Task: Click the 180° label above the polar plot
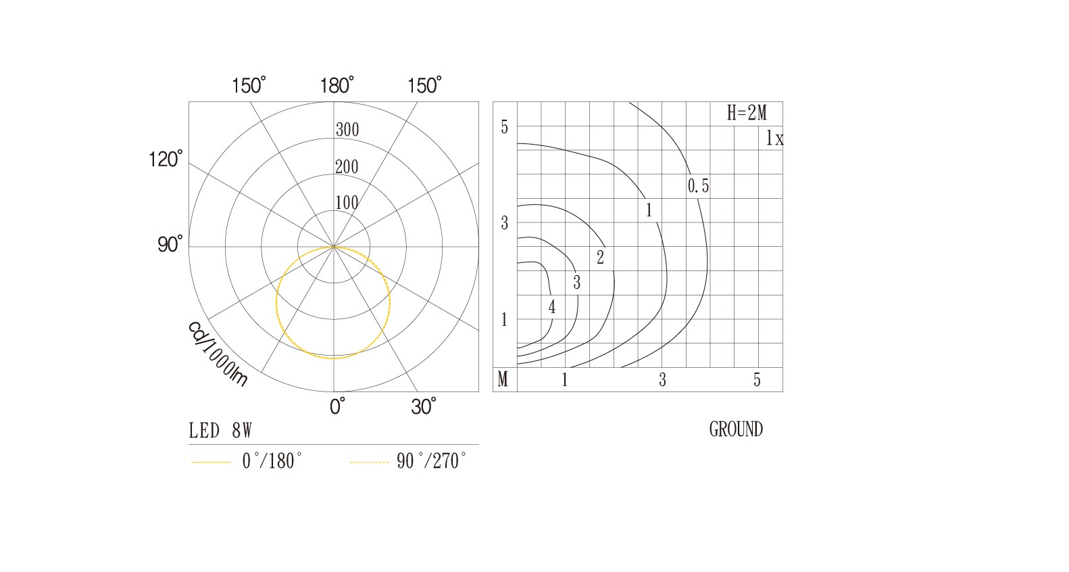point(337,85)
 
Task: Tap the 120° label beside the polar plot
point(166,159)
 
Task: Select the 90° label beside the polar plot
point(170,244)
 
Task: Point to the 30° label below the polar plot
point(424,406)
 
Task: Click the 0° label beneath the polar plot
point(337,406)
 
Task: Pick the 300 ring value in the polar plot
point(347,130)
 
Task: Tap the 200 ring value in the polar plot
point(347,167)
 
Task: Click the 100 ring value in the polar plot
point(347,203)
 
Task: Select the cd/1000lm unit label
point(218,354)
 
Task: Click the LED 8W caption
point(220,431)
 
